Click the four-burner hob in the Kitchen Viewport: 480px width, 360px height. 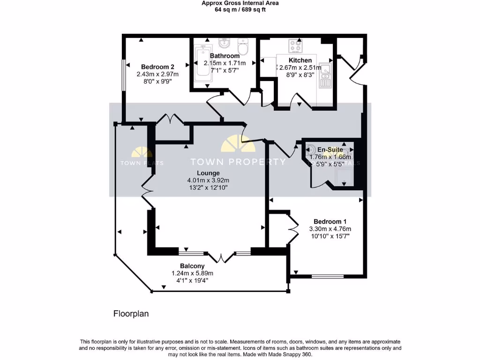point(296,46)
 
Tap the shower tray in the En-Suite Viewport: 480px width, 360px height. point(345,177)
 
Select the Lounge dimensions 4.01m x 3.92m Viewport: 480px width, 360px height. point(208,180)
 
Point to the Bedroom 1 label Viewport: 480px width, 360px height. point(330,221)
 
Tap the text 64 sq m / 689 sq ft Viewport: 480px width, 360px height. point(240,9)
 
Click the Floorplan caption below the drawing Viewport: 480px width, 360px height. point(131,314)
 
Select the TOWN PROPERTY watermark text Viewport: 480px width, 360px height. point(237,162)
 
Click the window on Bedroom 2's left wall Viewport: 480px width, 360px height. point(123,75)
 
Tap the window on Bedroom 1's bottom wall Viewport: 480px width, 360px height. point(324,277)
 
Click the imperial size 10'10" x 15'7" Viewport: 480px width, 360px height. point(330,236)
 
